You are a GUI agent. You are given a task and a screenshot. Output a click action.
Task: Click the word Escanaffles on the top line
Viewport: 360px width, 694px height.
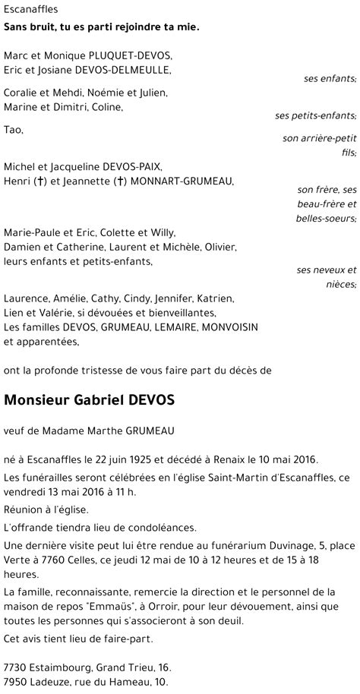(x=30, y=10)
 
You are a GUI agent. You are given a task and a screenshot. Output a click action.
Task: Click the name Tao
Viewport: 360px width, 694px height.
(x=13, y=130)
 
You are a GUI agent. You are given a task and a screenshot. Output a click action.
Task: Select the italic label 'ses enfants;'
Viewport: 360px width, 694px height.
(x=329, y=79)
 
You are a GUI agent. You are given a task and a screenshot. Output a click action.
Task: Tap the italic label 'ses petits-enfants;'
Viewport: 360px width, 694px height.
(x=315, y=115)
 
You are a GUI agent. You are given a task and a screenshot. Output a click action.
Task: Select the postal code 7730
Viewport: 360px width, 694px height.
(x=17, y=667)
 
